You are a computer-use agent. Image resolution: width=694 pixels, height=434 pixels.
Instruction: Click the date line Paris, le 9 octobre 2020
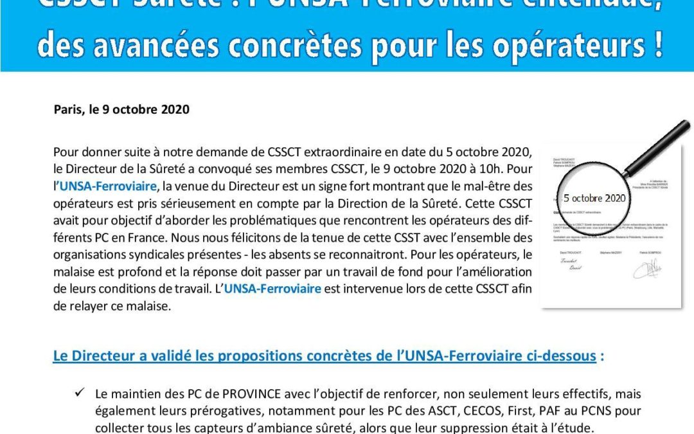coord(121,109)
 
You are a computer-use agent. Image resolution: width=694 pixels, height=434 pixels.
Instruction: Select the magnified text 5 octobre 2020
coord(594,198)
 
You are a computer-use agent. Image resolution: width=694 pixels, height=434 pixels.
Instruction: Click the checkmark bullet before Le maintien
coord(80,393)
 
